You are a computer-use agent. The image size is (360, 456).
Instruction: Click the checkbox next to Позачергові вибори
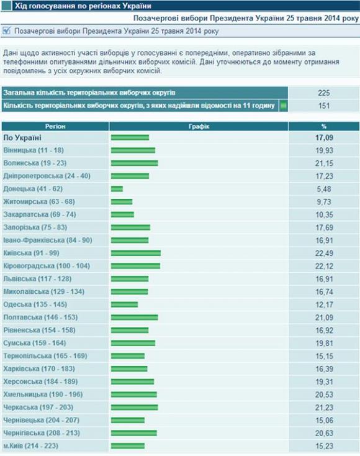coord(7,30)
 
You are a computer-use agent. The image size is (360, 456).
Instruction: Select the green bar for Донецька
coord(117,189)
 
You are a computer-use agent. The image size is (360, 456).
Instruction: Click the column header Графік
coord(199,126)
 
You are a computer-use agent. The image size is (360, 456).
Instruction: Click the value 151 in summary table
coord(323,106)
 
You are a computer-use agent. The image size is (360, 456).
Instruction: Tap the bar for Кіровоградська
coord(135,266)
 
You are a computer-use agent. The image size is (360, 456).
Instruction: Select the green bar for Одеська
coord(124,304)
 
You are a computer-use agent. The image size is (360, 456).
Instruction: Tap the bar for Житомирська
coord(122,202)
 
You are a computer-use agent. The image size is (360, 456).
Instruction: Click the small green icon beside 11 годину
coord(284,106)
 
